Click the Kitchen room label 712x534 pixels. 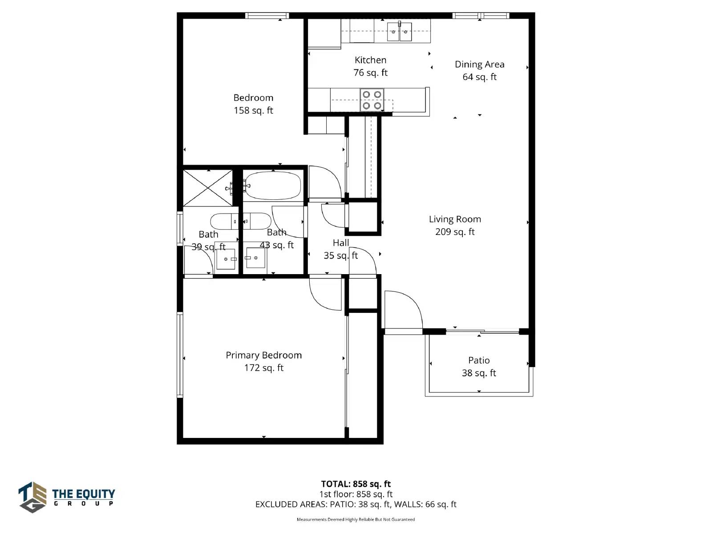370,61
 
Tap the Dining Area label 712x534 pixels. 479,64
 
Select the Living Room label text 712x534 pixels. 455,219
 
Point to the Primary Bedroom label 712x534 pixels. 264,356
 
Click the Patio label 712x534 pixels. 479,360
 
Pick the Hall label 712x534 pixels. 340,243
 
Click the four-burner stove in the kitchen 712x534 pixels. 372,100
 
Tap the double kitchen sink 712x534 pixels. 399,32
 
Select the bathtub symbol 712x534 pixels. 273,186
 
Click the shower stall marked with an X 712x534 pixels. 208,188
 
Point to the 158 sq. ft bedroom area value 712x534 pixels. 253,110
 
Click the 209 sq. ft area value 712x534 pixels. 455,232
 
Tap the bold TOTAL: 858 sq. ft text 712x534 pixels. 356,484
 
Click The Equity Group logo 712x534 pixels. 66,497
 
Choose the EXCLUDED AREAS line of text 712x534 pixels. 356,504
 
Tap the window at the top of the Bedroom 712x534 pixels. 267,16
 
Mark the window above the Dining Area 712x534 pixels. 481,16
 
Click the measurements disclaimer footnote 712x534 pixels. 356,519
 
